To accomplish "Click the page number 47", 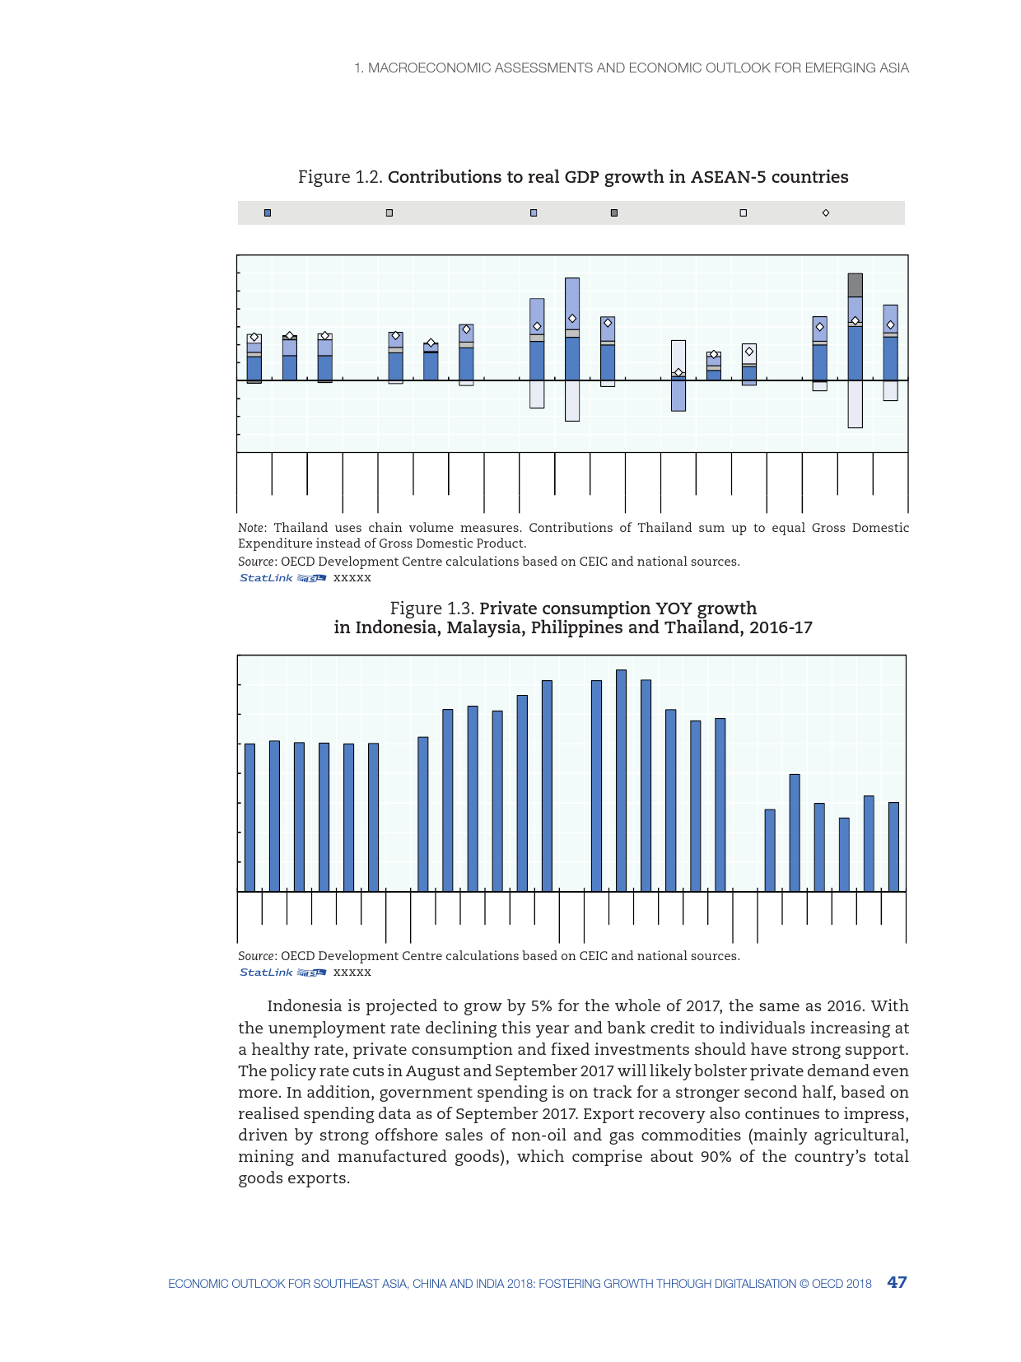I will click(897, 1282).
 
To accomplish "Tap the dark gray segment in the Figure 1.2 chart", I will click(855, 285).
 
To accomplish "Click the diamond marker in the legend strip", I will click(826, 213).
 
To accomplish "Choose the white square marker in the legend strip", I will click(743, 213).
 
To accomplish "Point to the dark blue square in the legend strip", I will click(268, 213).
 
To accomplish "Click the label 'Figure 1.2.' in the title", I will click(340, 177).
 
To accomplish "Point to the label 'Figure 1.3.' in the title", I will click(432, 609).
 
